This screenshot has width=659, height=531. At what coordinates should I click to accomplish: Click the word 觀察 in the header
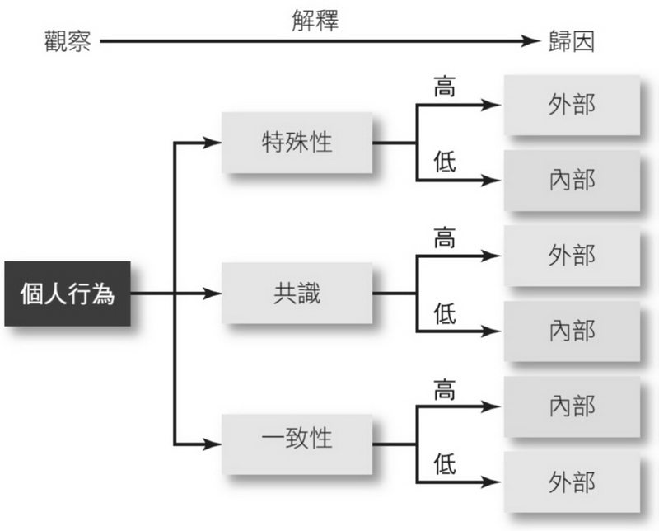(x=68, y=41)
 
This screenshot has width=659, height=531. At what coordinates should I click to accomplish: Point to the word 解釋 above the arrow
(x=315, y=20)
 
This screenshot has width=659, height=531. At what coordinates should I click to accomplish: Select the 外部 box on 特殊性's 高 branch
(x=572, y=106)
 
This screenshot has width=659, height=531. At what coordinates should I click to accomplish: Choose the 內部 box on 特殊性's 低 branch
(x=572, y=180)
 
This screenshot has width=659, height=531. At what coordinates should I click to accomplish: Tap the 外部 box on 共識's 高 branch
(x=572, y=256)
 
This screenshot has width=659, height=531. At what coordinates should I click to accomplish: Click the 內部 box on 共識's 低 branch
(x=572, y=331)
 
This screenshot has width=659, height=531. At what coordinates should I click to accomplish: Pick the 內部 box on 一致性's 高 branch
(x=572, y=406)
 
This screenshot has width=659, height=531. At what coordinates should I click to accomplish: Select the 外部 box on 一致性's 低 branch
(x=572, y=481)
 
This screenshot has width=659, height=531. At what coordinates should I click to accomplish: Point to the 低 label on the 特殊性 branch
(x=445, y=162)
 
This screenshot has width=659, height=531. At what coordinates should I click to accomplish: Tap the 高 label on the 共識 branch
(x=445, y=238)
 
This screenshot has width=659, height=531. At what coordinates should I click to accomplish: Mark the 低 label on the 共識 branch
(x=445, y=313)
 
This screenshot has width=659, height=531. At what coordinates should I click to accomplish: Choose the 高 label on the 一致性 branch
(x=445, y=388)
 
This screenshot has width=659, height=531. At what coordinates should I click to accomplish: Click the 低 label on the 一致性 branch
(x=445, y=463)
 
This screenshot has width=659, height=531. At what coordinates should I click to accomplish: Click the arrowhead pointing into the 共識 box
(x=215, y=294)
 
